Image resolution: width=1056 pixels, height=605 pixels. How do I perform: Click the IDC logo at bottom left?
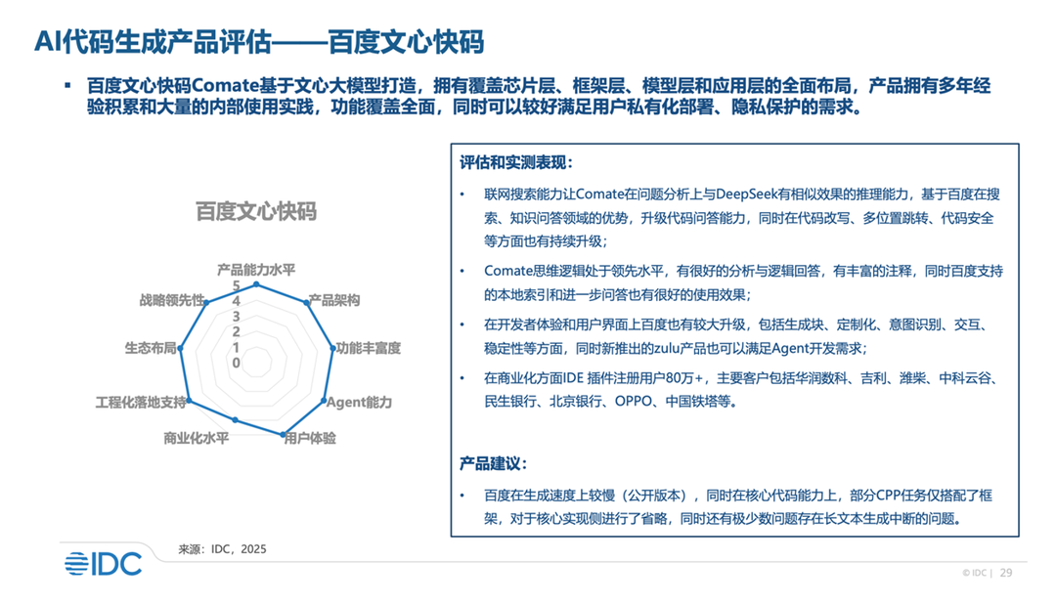click(x=103, y=564)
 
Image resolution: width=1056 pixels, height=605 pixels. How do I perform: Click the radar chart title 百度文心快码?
click(x=256, y=211)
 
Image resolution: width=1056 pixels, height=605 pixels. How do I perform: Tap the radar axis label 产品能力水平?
click(x=256, y=270)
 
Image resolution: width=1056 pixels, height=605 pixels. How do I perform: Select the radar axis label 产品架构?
click(x=334, y=300)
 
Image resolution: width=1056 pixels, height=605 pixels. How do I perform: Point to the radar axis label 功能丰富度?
click(x=369, y=348)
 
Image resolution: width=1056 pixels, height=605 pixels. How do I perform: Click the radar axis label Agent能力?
click(x=359, y=403)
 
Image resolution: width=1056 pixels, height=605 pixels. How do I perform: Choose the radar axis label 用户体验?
click(x=310, y=438)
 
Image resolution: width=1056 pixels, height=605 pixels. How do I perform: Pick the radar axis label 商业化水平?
click(x=196, y=438)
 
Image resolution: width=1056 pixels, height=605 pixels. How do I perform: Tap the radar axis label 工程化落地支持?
click(x=141, y=403)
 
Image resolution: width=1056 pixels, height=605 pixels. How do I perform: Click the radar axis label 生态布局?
click(x=151, y=348)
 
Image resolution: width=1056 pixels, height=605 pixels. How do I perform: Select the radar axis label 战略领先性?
click(x=172, y=300)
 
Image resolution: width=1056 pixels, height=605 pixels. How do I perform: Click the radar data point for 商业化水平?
click(x=235, y=420)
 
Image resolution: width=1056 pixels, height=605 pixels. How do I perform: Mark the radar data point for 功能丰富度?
click(x=332, y=348)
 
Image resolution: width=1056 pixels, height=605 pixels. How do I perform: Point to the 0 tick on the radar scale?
click(x=236, y=363)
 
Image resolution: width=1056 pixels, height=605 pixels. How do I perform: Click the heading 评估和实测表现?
click(x=516, y=163)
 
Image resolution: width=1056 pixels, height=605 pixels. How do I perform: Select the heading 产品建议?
click(x=493, y=463)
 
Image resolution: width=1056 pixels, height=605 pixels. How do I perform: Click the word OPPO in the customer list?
click(x=634, y=402)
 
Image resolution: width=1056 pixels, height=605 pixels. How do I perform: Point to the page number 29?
click(x=1006, y=573)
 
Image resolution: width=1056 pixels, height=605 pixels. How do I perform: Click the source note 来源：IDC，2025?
click(x=222, y=549)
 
